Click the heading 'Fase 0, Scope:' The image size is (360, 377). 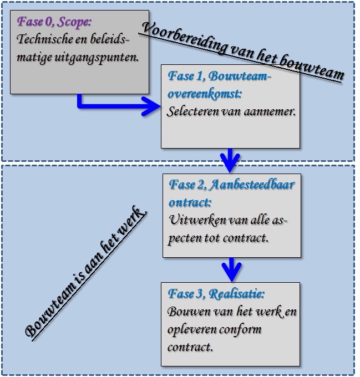click(x=54, y=23)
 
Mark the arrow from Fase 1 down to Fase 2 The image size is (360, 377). click(x=229, y=160)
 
